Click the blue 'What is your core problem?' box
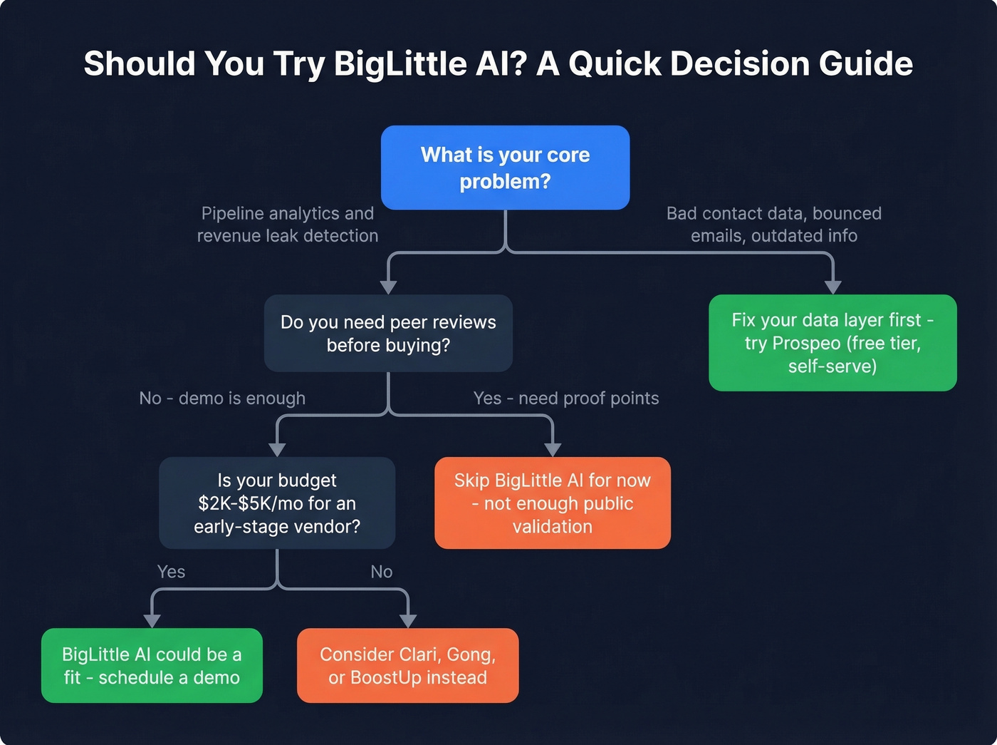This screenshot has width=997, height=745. pyautogui.click(x=505, y=168)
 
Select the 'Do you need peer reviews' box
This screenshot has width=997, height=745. pyautogui.click(x=388, y=333)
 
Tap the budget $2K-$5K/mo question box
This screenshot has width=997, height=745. pyautogui.click(x=277, y=503)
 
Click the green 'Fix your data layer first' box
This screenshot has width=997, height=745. pyautogui.click(x=832, y=343)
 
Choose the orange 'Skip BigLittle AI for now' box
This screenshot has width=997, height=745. pyautogui.click(x=553, y=503)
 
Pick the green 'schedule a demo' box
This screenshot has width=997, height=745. pyautogui.click(x=152, y=666)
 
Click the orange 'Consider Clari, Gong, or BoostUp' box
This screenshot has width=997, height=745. pyautogui.click(x=407, y=666)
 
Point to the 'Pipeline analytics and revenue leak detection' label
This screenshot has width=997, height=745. pyautogui.click(x=288, y=225)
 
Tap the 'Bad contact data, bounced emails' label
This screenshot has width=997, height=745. pyautogui.click(x=774, y=225)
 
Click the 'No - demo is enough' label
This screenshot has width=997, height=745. pyautogui.click(x=222, y=399)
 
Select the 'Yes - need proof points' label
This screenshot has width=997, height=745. pyautogui.click(x=566, y=399)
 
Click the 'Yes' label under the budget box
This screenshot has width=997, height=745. pyautogui.click(x=171, y=572)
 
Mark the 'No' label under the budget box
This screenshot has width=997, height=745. pyautogui.click(x=382, y=572)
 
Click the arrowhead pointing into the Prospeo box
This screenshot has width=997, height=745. pyautogui.click(x=832, y=287)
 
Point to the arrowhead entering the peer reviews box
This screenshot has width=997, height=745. pyautogui.click(x=388, y=287)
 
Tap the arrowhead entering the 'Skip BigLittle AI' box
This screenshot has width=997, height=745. pyautogui.click(x=553, y=449)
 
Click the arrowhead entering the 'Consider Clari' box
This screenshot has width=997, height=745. pyautogui.click(x=407, y=620)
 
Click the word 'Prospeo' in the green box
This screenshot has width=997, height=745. pyautogui.click(x=806, y=344)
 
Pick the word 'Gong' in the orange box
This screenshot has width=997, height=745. pyautogui.click(x=470, y=654)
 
